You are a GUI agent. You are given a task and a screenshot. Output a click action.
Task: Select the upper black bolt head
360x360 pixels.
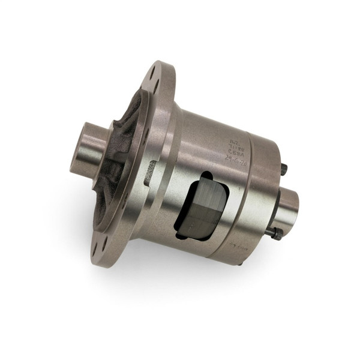[x=284, y=170]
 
